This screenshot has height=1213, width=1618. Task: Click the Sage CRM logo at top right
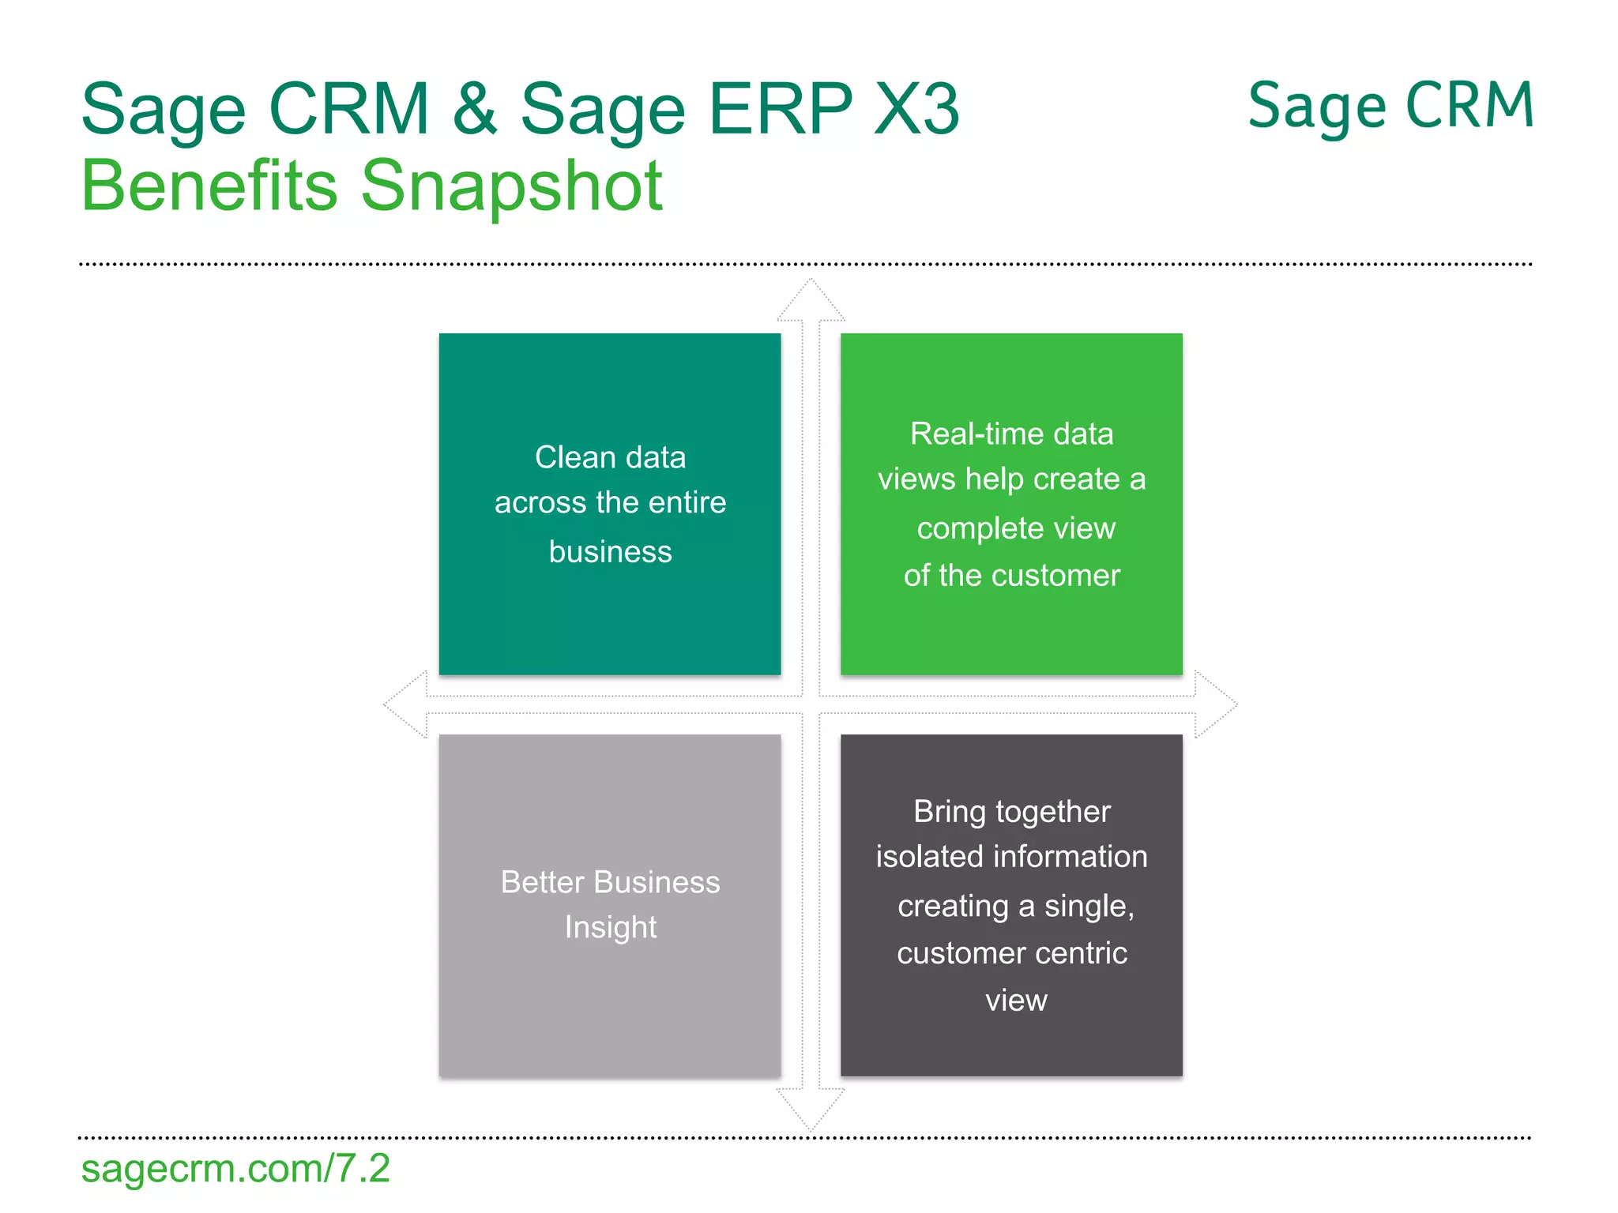click(1390, 107)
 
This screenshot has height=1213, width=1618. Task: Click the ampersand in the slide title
click(476, 108)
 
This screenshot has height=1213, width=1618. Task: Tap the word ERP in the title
click(781, 108)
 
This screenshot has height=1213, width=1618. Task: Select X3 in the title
click(916, 108)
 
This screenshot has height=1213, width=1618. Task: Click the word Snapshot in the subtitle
click(512, 186)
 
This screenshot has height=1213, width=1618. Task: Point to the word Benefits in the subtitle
click(209, 186)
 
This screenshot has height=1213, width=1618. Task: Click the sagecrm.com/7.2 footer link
click(235, 1168)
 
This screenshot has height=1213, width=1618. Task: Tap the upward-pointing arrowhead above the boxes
click(811, 301)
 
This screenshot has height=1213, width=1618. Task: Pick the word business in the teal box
click(610, 551)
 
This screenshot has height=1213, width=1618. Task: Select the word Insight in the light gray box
click(610, 927)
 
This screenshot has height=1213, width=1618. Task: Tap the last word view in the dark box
click(1016, 1001)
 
